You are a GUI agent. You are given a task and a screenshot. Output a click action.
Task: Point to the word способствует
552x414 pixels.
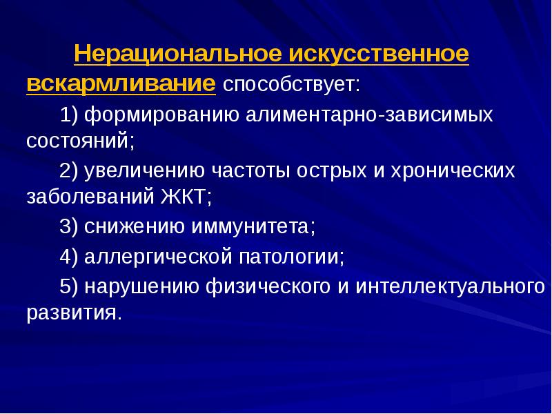290,86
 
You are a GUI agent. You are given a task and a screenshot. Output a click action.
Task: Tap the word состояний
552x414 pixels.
80,142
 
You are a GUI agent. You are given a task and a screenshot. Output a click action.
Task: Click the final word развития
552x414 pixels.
75,313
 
